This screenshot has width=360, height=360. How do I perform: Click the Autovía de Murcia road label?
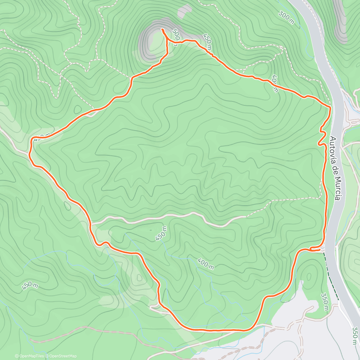tap(335, 169)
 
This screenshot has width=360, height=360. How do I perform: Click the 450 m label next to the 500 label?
tap(207, 42)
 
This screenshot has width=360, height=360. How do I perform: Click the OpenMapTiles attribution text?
tap(29, 356)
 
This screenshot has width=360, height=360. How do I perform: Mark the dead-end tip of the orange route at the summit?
tap(162, 29)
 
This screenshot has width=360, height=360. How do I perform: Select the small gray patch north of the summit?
tap(184, 12)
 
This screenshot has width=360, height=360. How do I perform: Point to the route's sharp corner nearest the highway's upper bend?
tap(330, 107)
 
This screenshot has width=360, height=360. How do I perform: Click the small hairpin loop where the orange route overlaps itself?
tap(315, 249)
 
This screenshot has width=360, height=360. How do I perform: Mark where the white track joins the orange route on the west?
tap(91, 223)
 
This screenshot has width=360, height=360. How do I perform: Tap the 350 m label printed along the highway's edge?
tap(355, 336)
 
